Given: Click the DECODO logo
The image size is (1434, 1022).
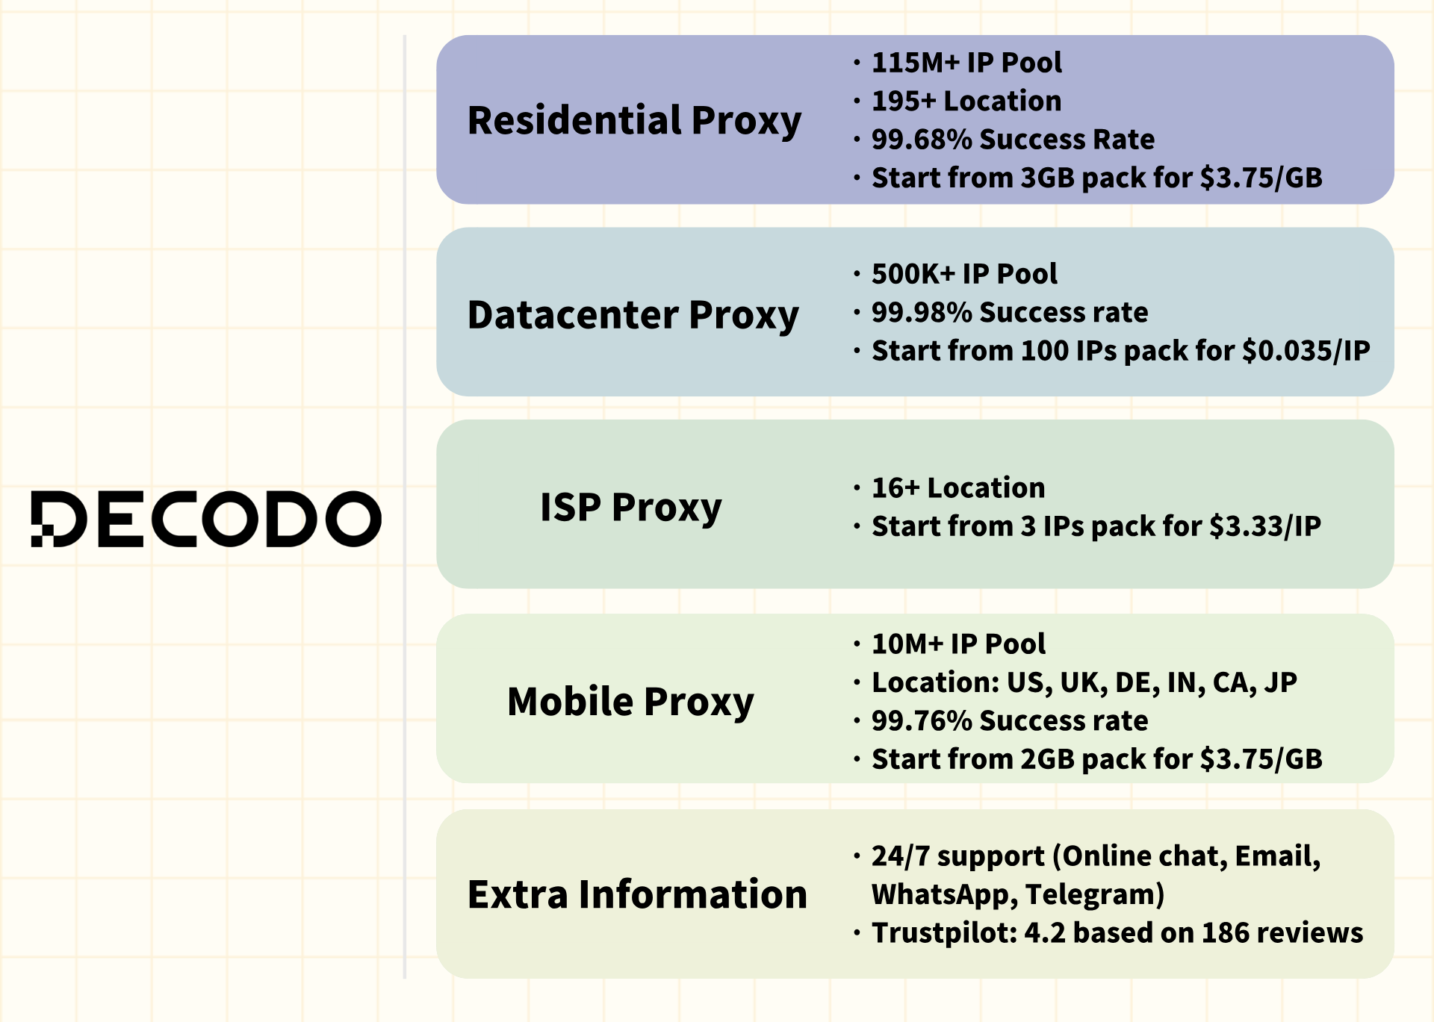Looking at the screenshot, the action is [206, 519].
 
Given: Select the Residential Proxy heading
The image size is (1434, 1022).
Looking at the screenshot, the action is [634, 121].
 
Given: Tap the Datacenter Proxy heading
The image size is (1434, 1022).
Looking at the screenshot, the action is [633, 316].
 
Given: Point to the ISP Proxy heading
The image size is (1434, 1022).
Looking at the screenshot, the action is [631, 508].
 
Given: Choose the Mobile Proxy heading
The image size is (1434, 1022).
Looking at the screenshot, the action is [631, 702].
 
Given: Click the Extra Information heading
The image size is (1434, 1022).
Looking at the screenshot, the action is [637, 894].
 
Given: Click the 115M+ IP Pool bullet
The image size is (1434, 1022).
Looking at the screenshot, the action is [966, 63].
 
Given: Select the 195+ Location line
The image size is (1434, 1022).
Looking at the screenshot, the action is [966, 101].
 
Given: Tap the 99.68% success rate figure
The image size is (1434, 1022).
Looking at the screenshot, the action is [922, 140].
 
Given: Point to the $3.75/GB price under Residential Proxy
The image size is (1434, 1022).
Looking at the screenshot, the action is [1261, 178].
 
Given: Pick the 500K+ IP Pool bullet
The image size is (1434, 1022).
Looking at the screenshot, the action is [964, 274].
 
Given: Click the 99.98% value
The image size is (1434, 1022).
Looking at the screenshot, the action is [922, 313].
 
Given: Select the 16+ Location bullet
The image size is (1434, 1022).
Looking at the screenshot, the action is [958, 488].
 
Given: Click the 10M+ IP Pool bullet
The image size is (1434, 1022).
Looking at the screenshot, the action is [958, 644].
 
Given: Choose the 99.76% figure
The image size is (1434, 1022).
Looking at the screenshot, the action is [922, 721].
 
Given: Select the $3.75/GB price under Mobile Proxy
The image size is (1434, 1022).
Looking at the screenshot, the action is [1261, 760].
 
